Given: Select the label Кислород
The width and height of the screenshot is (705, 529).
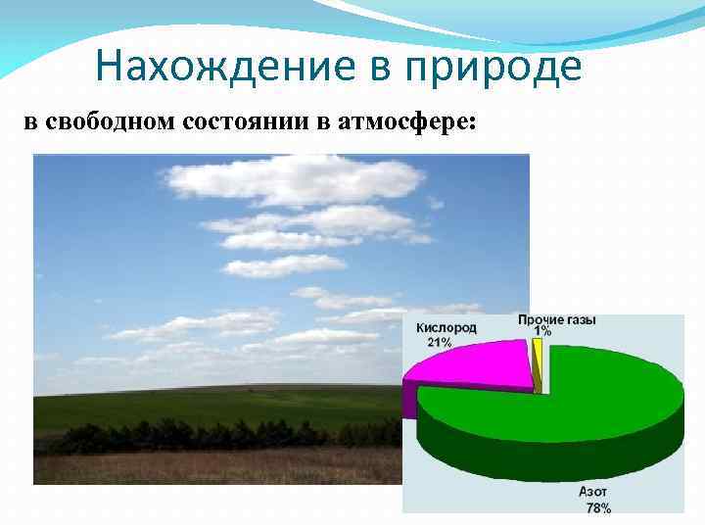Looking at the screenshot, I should (446, 328).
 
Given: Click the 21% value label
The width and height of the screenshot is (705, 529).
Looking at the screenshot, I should (439, 342).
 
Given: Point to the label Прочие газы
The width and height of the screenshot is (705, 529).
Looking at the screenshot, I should (556, 320).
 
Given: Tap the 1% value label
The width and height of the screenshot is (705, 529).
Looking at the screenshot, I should (542, 332).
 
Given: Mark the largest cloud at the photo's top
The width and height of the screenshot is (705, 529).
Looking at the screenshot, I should (294, 181).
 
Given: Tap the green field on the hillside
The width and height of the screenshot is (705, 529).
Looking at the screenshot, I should (196, 404).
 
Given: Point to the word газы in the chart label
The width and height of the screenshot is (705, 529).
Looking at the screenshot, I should (580, 320).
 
